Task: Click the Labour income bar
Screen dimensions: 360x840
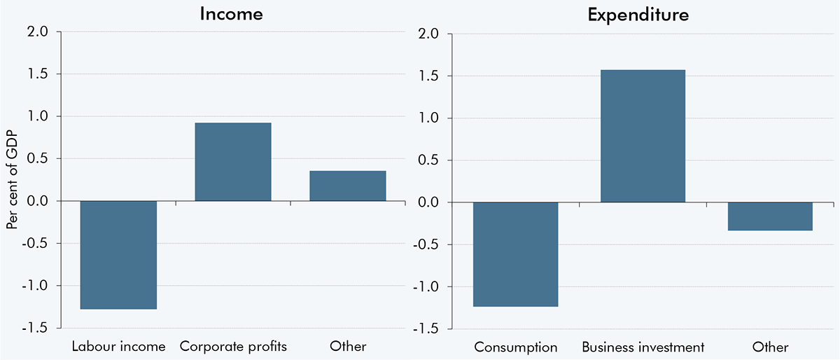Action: coord(118,255)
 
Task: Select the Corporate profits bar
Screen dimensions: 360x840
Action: coord(233,162)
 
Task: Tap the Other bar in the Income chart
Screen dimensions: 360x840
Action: coord(347,186)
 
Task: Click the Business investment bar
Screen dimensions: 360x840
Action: coord(643,136)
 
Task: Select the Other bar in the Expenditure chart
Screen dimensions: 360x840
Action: coord(770,216)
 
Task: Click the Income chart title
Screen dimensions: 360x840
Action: coord(232,14)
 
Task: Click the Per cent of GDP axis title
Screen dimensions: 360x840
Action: coord(12,180)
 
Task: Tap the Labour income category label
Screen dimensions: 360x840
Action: coord(118,347)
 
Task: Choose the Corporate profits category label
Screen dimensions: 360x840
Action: coord(233,347)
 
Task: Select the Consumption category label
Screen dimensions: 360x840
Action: coord(516,347)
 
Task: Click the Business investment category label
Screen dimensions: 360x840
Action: coord(643,347)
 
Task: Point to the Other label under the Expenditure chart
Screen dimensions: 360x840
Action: coord(770,347)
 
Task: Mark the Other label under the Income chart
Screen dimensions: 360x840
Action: coord(347,347)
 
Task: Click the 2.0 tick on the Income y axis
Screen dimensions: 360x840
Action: coord(38,32)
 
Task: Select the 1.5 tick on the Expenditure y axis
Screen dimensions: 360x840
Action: coord(429,76)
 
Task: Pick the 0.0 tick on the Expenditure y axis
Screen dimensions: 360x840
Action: coord(429,202)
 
